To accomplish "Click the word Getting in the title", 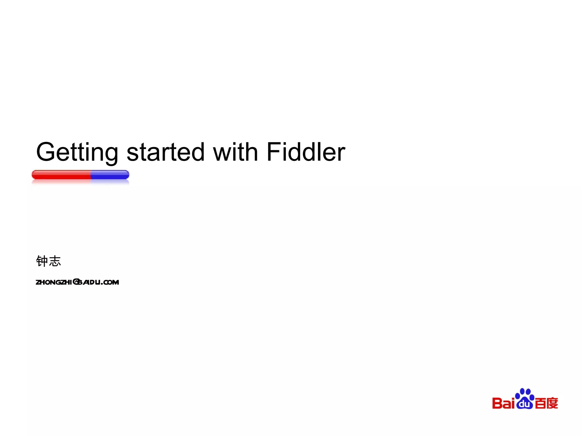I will [77, 152].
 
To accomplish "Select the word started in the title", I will [165, 152].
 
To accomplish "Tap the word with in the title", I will [236, 152].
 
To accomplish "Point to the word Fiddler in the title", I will [306, 152].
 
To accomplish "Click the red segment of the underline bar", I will [61, 175].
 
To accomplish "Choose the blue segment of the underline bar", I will [110, 175].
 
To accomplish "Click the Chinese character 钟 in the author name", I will [42, 261].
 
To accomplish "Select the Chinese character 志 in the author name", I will [55, 261].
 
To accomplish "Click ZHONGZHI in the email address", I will [54, 282].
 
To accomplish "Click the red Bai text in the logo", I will [503, 403].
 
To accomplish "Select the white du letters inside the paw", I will [525, 404].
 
